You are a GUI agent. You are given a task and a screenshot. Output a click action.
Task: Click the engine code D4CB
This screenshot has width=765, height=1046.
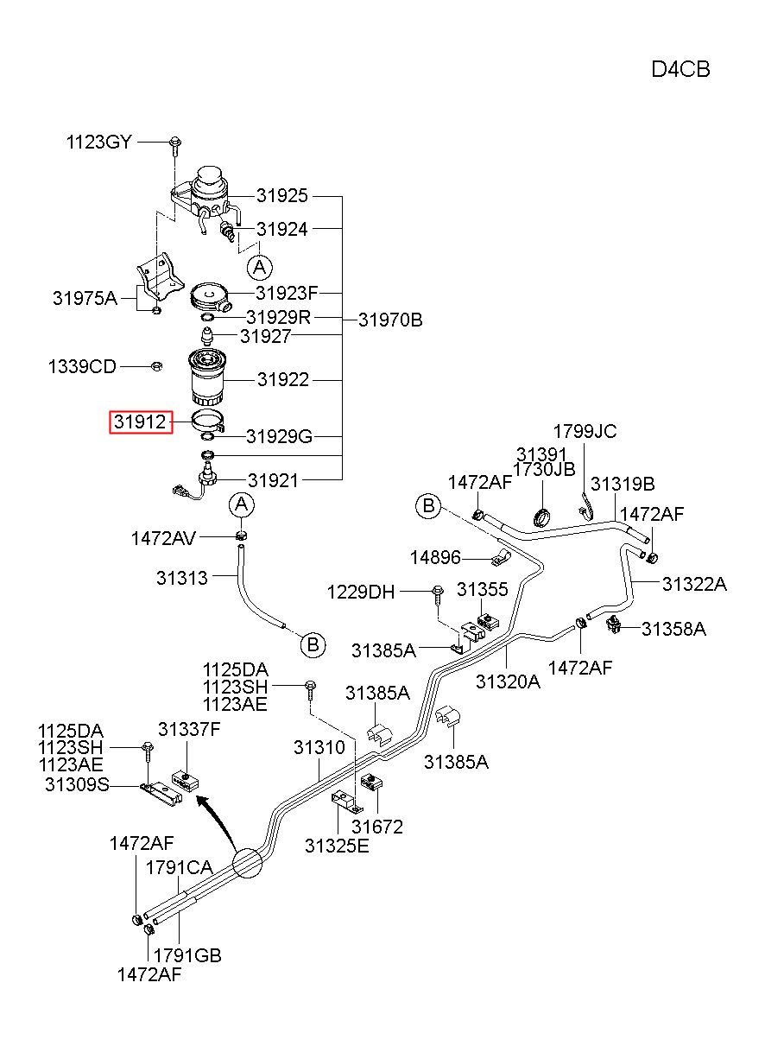point(680,70)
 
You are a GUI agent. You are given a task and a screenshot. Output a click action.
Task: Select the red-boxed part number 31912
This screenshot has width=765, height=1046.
point(141,422)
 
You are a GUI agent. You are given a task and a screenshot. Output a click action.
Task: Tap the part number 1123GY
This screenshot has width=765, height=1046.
point(99,142)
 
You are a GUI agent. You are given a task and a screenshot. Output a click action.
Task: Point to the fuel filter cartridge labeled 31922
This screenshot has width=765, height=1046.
point(205,377)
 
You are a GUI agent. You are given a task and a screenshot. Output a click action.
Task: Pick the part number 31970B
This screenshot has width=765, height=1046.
point(390,320)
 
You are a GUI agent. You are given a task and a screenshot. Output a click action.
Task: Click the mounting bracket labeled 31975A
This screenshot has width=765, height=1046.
point(158,283)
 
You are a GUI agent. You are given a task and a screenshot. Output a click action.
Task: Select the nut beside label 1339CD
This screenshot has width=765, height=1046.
point(157,366)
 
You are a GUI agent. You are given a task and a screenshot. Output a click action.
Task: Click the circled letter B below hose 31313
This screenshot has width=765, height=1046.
point(313,645)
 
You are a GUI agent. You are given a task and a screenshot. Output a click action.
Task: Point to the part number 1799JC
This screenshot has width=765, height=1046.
point(585,432)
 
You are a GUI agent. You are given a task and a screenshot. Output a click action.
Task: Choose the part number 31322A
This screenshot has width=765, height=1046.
point(694,584)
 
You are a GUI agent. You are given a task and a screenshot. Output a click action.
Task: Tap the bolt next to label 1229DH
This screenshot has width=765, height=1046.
point(438,595)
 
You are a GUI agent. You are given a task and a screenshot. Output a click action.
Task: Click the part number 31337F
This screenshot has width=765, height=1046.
point(189,729)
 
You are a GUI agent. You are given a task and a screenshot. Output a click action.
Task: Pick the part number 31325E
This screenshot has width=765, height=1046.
point(337,846)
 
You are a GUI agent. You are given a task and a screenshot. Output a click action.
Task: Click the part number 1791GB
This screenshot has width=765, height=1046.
point(187,956)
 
